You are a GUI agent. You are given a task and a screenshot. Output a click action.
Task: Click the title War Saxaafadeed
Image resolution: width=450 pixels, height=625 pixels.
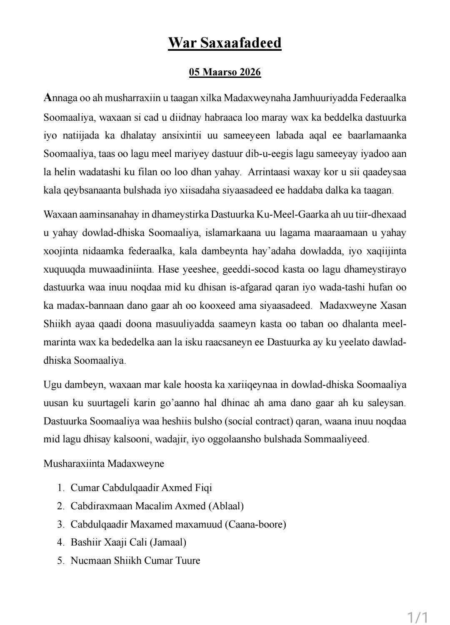click(225, 42)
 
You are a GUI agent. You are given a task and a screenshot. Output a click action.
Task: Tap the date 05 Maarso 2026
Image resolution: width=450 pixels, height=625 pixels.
click(225, 72)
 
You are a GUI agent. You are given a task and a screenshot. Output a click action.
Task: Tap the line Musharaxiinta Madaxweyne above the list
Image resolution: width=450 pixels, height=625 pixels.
click(104, 464)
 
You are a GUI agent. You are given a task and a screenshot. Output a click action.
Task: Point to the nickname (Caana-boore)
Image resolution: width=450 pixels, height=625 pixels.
click(255, 524)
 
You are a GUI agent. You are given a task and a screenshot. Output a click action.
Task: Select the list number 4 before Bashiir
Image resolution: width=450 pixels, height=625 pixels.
click(60, 542)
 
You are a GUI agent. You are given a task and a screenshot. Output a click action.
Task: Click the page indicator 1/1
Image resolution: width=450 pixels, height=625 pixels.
click(417, 617)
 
